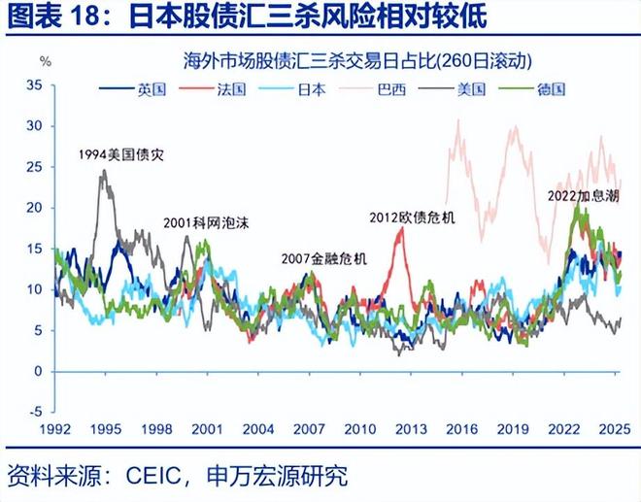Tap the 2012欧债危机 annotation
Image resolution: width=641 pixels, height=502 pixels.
point(413,218)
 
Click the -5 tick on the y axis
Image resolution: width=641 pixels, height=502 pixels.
point(35,412)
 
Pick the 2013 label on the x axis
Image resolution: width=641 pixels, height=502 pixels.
point(412,428)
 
